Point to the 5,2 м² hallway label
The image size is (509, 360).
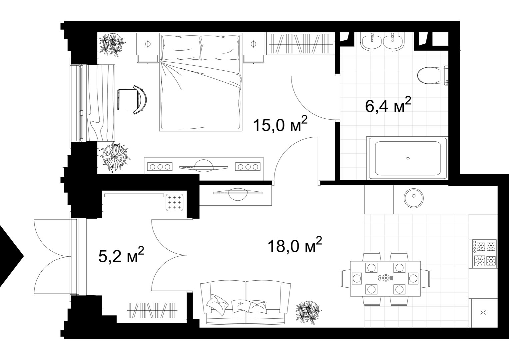tap(121, 255)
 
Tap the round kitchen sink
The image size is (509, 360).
tap(414, 198)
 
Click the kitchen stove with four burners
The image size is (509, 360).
tap(484, 254)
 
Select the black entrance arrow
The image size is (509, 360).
tap(11, 256)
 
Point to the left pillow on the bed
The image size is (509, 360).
tap(181, 47)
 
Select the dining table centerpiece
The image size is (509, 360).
tap(386, 278)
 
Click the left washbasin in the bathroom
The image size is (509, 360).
tap(372, 41)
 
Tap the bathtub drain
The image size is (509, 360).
tap(407, 158)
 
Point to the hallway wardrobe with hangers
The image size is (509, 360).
tap(152, 311)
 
